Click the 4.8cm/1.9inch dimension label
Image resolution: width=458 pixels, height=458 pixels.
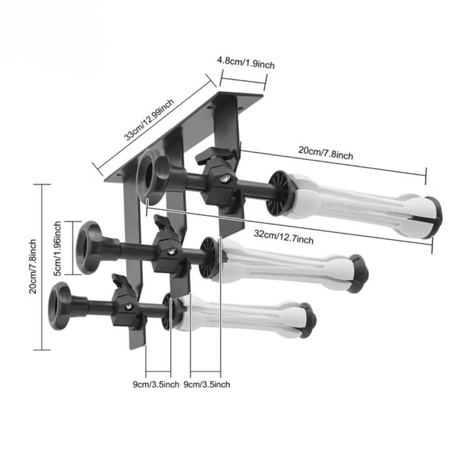(245, 62)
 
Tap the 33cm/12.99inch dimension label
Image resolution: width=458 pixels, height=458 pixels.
(149, 120)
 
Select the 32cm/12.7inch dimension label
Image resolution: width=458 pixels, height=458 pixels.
(283, 237)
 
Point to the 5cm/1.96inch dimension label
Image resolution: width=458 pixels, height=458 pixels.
(58, 248)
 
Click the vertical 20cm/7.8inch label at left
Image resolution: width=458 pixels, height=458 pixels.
(33, 266)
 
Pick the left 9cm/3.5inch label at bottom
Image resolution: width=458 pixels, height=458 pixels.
(156, 385)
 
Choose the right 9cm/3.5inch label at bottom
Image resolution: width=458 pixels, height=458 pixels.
(207, 385)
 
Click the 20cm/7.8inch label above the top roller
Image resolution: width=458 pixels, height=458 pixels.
(325, 153)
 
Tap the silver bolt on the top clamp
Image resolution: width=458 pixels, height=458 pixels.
(224, 178)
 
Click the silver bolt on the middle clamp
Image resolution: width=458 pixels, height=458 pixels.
(172, 251)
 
